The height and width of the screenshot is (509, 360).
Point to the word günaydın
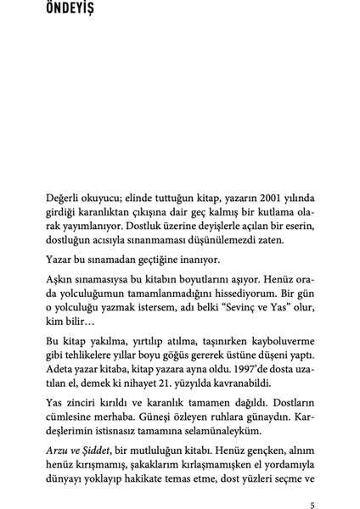coord(294,424)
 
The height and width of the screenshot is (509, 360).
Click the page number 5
coord(314,506)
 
